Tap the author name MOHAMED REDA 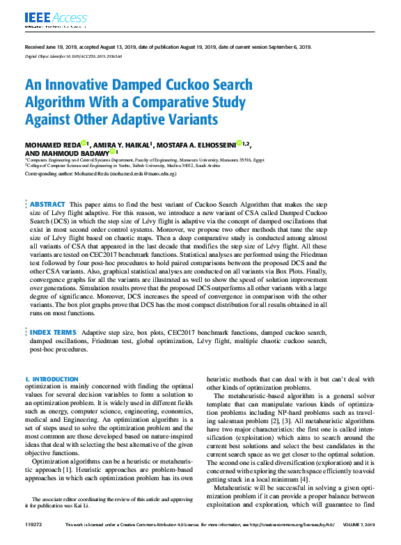[x=54, y=144]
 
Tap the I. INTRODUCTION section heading [x=52, y=379]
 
